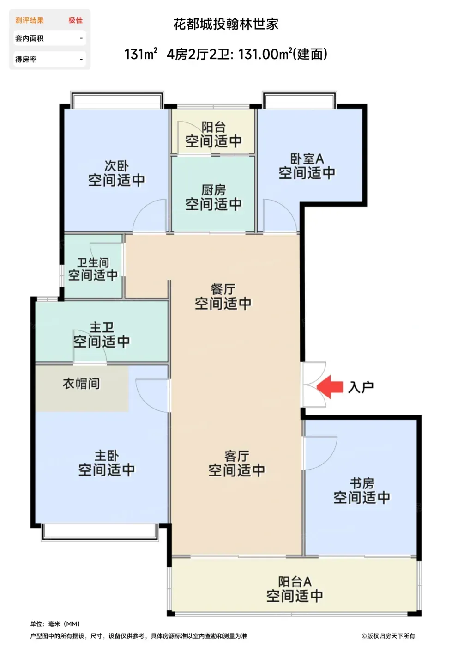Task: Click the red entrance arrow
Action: point(329,387)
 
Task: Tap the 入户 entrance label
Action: point(361,387)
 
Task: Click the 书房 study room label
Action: point(362,483)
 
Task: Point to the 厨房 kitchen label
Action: point(214,190)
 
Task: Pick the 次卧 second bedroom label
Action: point(117,166)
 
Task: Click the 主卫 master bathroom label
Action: point(102,328)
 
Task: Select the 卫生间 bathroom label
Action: point(93,262)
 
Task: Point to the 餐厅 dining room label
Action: point(223,289)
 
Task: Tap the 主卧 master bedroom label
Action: point(107,456)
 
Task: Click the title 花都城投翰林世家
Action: point(226,24)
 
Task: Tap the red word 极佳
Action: point(75,20)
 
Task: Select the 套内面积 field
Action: point(50,38)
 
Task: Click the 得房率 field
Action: point(50,59)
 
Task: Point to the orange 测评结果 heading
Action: point(30,20)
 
